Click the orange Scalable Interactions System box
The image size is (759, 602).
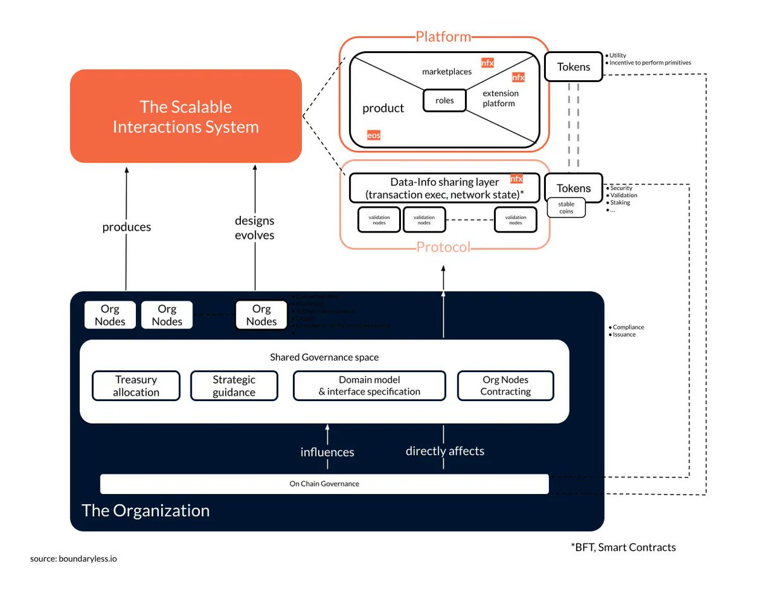click(x=185, y=116)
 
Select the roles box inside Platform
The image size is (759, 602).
click(x=445, y=100)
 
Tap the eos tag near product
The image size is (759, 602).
click(x=374, y=135)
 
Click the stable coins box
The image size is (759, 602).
click(x=567, y=208)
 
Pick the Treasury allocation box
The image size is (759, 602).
click(x=136, y=386)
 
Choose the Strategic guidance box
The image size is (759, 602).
click(x=234, y=386)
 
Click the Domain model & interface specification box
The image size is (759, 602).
click(x=369, y=386)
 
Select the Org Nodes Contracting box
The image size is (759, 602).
click(x=505, y=386)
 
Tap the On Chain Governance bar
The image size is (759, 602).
click(x=324, y=484)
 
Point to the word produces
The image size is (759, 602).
click(x=126, y=227)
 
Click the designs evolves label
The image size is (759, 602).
click(x=254, y=227)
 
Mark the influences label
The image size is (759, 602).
click(x=327, y=452)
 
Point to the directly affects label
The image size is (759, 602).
click(x=445, y=451)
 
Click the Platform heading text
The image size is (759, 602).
click(x=443, y=37)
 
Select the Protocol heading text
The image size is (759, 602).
click(x=443, y=247)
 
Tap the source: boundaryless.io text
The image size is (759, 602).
click(x=73, y=559)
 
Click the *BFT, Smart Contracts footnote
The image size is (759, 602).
click(x=623, y=547)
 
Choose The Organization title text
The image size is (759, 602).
click(x=145, y=510)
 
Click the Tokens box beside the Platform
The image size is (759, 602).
click(x=574, y=67)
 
